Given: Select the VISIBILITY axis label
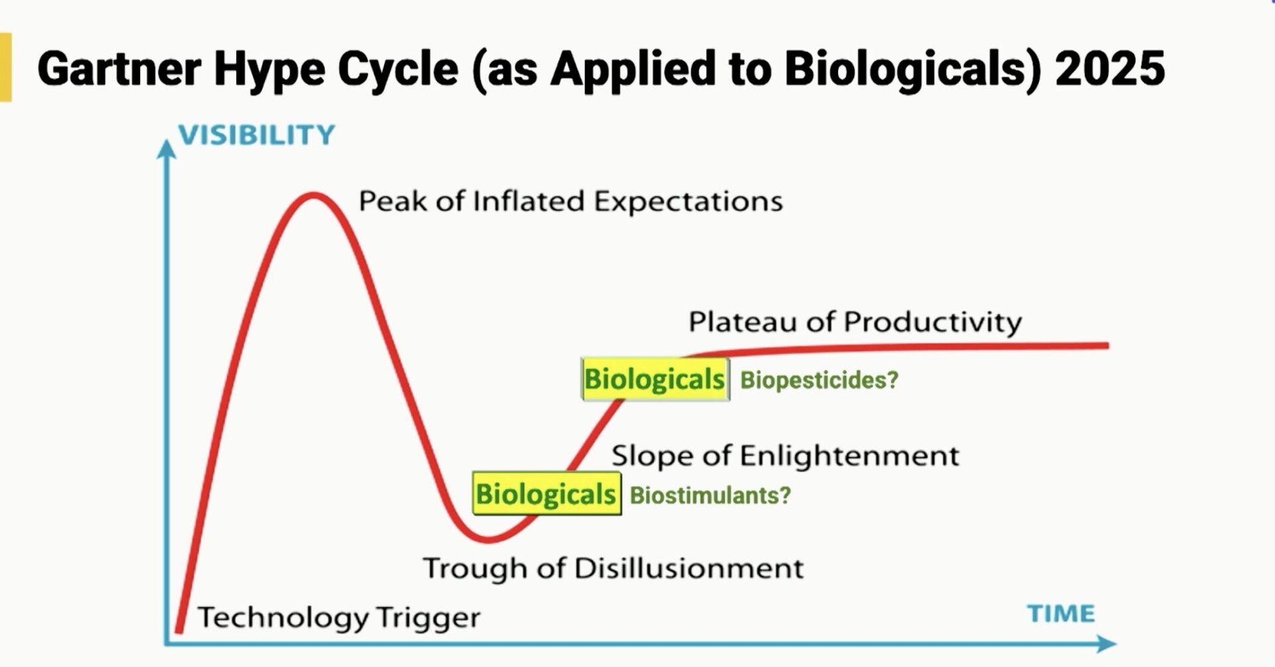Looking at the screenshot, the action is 257,135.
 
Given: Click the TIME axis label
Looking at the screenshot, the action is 1061,613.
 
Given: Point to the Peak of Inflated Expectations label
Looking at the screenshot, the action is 571,201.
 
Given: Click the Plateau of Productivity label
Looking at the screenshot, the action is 855,322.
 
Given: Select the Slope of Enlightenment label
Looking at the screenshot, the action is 786,456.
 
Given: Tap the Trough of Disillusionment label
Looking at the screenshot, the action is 614,569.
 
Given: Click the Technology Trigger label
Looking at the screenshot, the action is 339,618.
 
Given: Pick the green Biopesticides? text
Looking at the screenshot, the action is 819,380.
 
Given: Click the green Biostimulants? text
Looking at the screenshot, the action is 711,496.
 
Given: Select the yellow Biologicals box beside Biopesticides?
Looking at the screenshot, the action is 655,379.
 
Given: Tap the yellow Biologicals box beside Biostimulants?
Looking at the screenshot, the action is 547,494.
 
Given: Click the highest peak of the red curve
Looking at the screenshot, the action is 313,195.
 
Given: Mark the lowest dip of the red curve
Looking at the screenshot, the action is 488,539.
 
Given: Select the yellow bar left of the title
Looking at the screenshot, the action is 5,67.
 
